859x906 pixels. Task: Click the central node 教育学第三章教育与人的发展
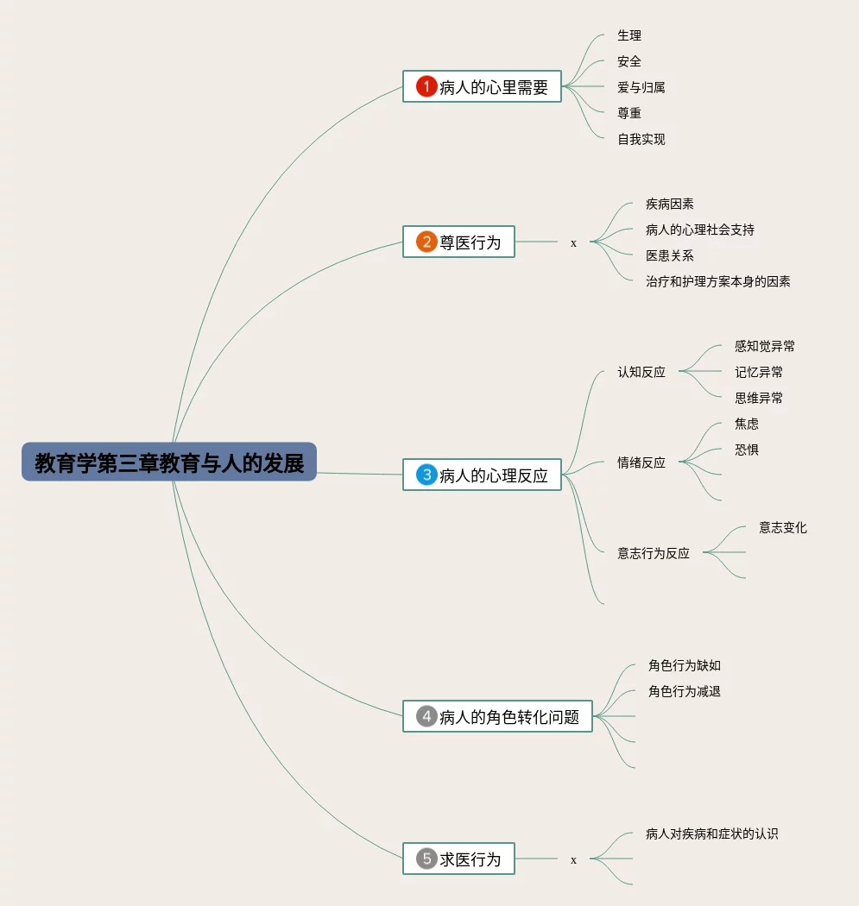coord(169,462)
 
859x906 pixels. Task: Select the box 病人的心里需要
coord(482,86)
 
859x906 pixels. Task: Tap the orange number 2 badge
coord(426,242)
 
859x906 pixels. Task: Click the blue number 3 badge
coord(426,475)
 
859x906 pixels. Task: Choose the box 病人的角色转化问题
coord(497,716)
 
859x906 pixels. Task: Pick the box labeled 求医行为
coord(458,859)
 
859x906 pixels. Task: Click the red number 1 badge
coord(426,86)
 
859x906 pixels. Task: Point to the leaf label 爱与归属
coord(641,87)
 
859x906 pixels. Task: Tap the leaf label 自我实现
coord(641,139)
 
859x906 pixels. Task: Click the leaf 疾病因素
coord(669,204)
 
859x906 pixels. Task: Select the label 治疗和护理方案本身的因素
coord(717,281)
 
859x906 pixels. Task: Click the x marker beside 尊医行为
coord(573,243)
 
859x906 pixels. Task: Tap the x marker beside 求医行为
coord(573,859)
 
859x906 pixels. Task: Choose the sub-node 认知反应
coord(641,372)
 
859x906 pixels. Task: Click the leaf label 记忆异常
coord(759,372)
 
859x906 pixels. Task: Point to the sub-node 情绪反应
coord(641,462)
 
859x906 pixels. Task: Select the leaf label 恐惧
coord(747,450)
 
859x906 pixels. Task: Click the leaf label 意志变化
coord(782,527)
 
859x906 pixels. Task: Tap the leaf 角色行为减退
coord(684,691)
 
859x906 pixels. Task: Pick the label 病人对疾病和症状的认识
coord(711,834)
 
